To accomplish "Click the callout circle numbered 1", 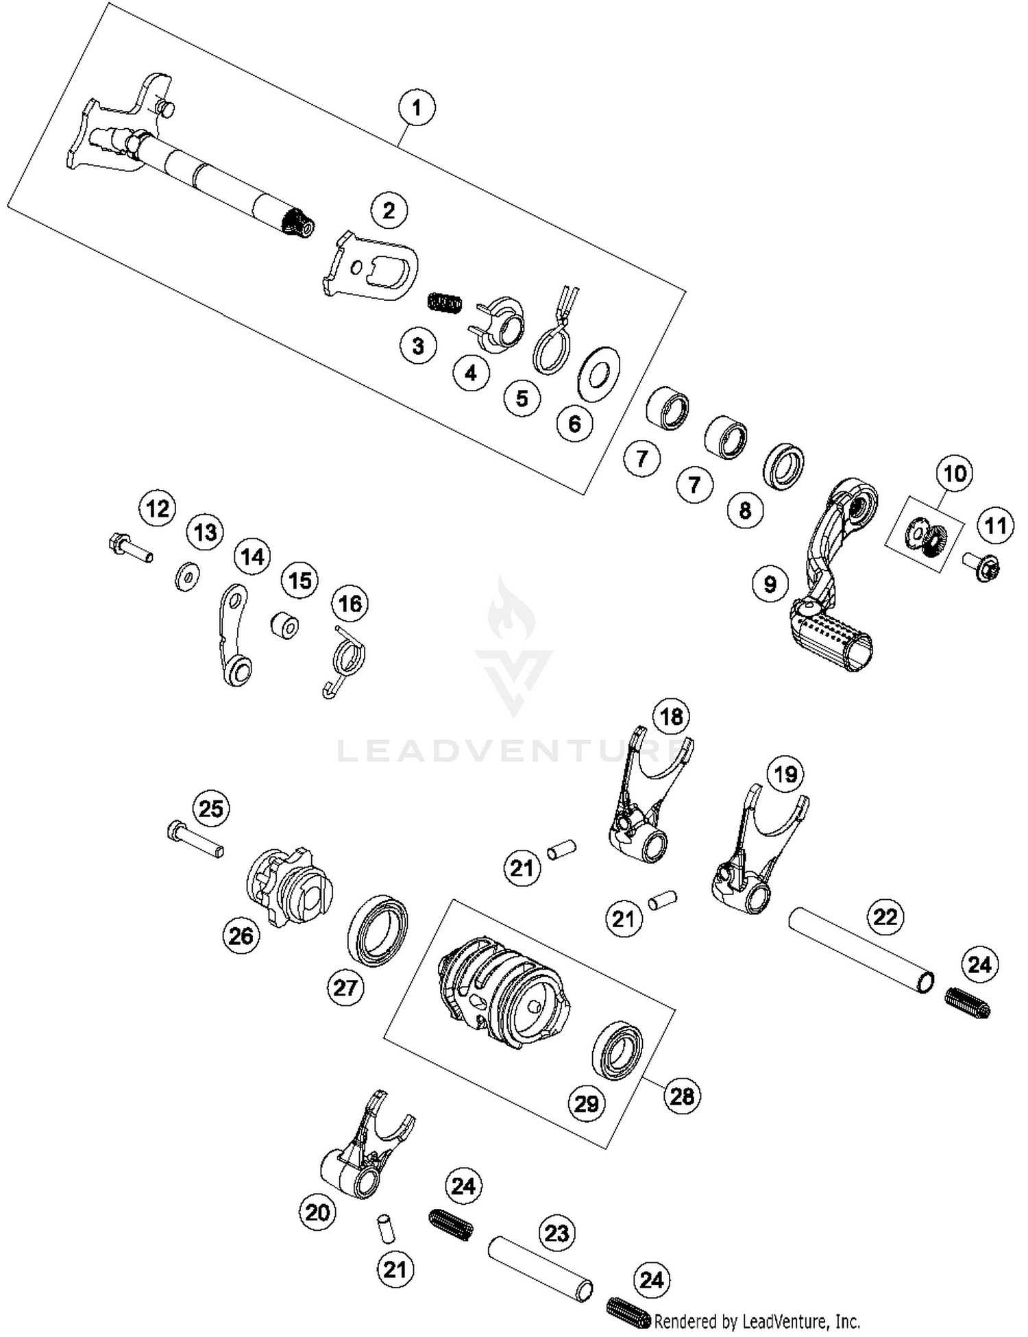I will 417,108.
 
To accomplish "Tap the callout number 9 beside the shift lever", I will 770,584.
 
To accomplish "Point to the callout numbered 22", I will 885,916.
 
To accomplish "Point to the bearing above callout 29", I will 617,1050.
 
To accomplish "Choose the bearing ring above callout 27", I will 378,930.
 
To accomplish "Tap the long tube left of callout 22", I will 861,950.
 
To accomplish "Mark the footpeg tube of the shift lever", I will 833,637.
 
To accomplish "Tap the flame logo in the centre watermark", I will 512,612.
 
